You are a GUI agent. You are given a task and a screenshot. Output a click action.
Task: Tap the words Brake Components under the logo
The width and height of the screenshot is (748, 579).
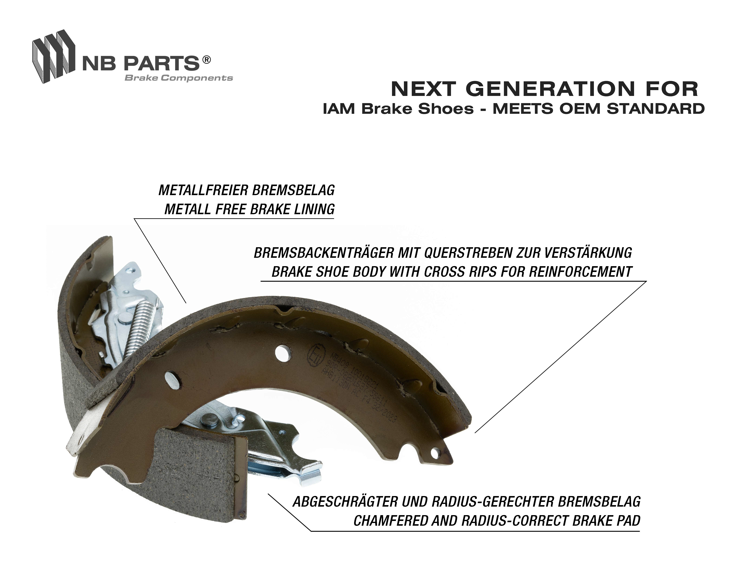point(178,78)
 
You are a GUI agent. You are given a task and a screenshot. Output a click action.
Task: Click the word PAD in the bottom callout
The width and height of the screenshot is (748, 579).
point(627,521)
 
